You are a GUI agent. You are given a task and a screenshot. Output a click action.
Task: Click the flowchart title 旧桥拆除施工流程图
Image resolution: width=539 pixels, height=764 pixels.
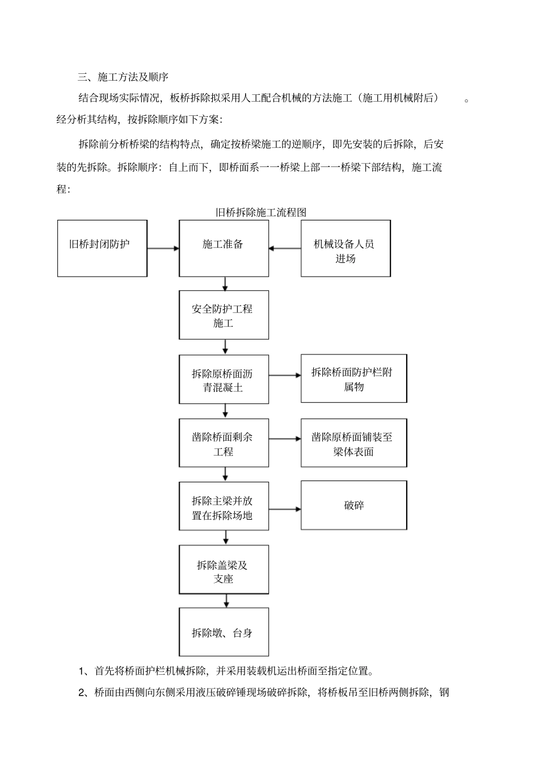coord(261,212)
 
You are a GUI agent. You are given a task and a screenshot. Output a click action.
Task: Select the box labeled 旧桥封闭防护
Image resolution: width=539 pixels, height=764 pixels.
coord(102,248)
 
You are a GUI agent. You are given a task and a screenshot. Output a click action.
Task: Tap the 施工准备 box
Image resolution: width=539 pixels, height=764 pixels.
coord(224,248)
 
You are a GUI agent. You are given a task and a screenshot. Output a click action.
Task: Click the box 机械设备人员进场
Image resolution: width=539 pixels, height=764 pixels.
coord(345,249)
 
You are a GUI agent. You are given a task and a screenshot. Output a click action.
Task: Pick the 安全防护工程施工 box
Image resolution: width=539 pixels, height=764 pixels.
coord(224,315)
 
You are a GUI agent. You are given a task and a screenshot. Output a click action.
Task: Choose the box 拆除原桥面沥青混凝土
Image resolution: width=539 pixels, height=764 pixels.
coord(224,379)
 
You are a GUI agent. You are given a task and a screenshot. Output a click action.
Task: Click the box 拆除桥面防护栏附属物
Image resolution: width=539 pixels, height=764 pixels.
coord(353,378)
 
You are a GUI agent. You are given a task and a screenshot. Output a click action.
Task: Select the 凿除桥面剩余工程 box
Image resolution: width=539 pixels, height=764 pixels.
coord(224,443)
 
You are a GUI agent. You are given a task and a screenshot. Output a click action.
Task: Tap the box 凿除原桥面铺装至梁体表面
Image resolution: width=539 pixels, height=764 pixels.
coord(353,443)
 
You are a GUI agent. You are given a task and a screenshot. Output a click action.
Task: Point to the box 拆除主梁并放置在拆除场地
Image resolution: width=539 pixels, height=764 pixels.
coord(224,507)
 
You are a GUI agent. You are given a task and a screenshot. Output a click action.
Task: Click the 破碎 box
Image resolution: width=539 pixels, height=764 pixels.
coord(353,505)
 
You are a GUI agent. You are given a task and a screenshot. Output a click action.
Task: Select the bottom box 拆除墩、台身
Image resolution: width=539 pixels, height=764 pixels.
coord(224,632)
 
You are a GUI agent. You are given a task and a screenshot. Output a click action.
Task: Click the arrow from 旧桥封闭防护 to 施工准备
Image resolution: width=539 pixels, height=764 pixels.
coord(163,248)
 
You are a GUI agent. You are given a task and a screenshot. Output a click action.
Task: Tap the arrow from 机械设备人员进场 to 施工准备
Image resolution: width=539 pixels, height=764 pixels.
coord(285,248)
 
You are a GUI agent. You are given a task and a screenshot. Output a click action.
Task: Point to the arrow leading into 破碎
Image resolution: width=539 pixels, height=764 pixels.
coord(285,510)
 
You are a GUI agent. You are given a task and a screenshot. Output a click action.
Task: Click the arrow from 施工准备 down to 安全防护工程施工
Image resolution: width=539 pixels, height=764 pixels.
coord(225,283)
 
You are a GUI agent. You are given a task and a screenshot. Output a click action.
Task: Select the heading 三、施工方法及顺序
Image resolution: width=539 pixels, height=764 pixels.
coord(123,76)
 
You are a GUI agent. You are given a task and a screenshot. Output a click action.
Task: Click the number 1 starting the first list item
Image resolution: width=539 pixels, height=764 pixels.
coord(81,671)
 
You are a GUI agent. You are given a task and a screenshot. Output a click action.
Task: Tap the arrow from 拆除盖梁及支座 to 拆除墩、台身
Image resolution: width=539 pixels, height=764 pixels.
coord(226,600)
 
